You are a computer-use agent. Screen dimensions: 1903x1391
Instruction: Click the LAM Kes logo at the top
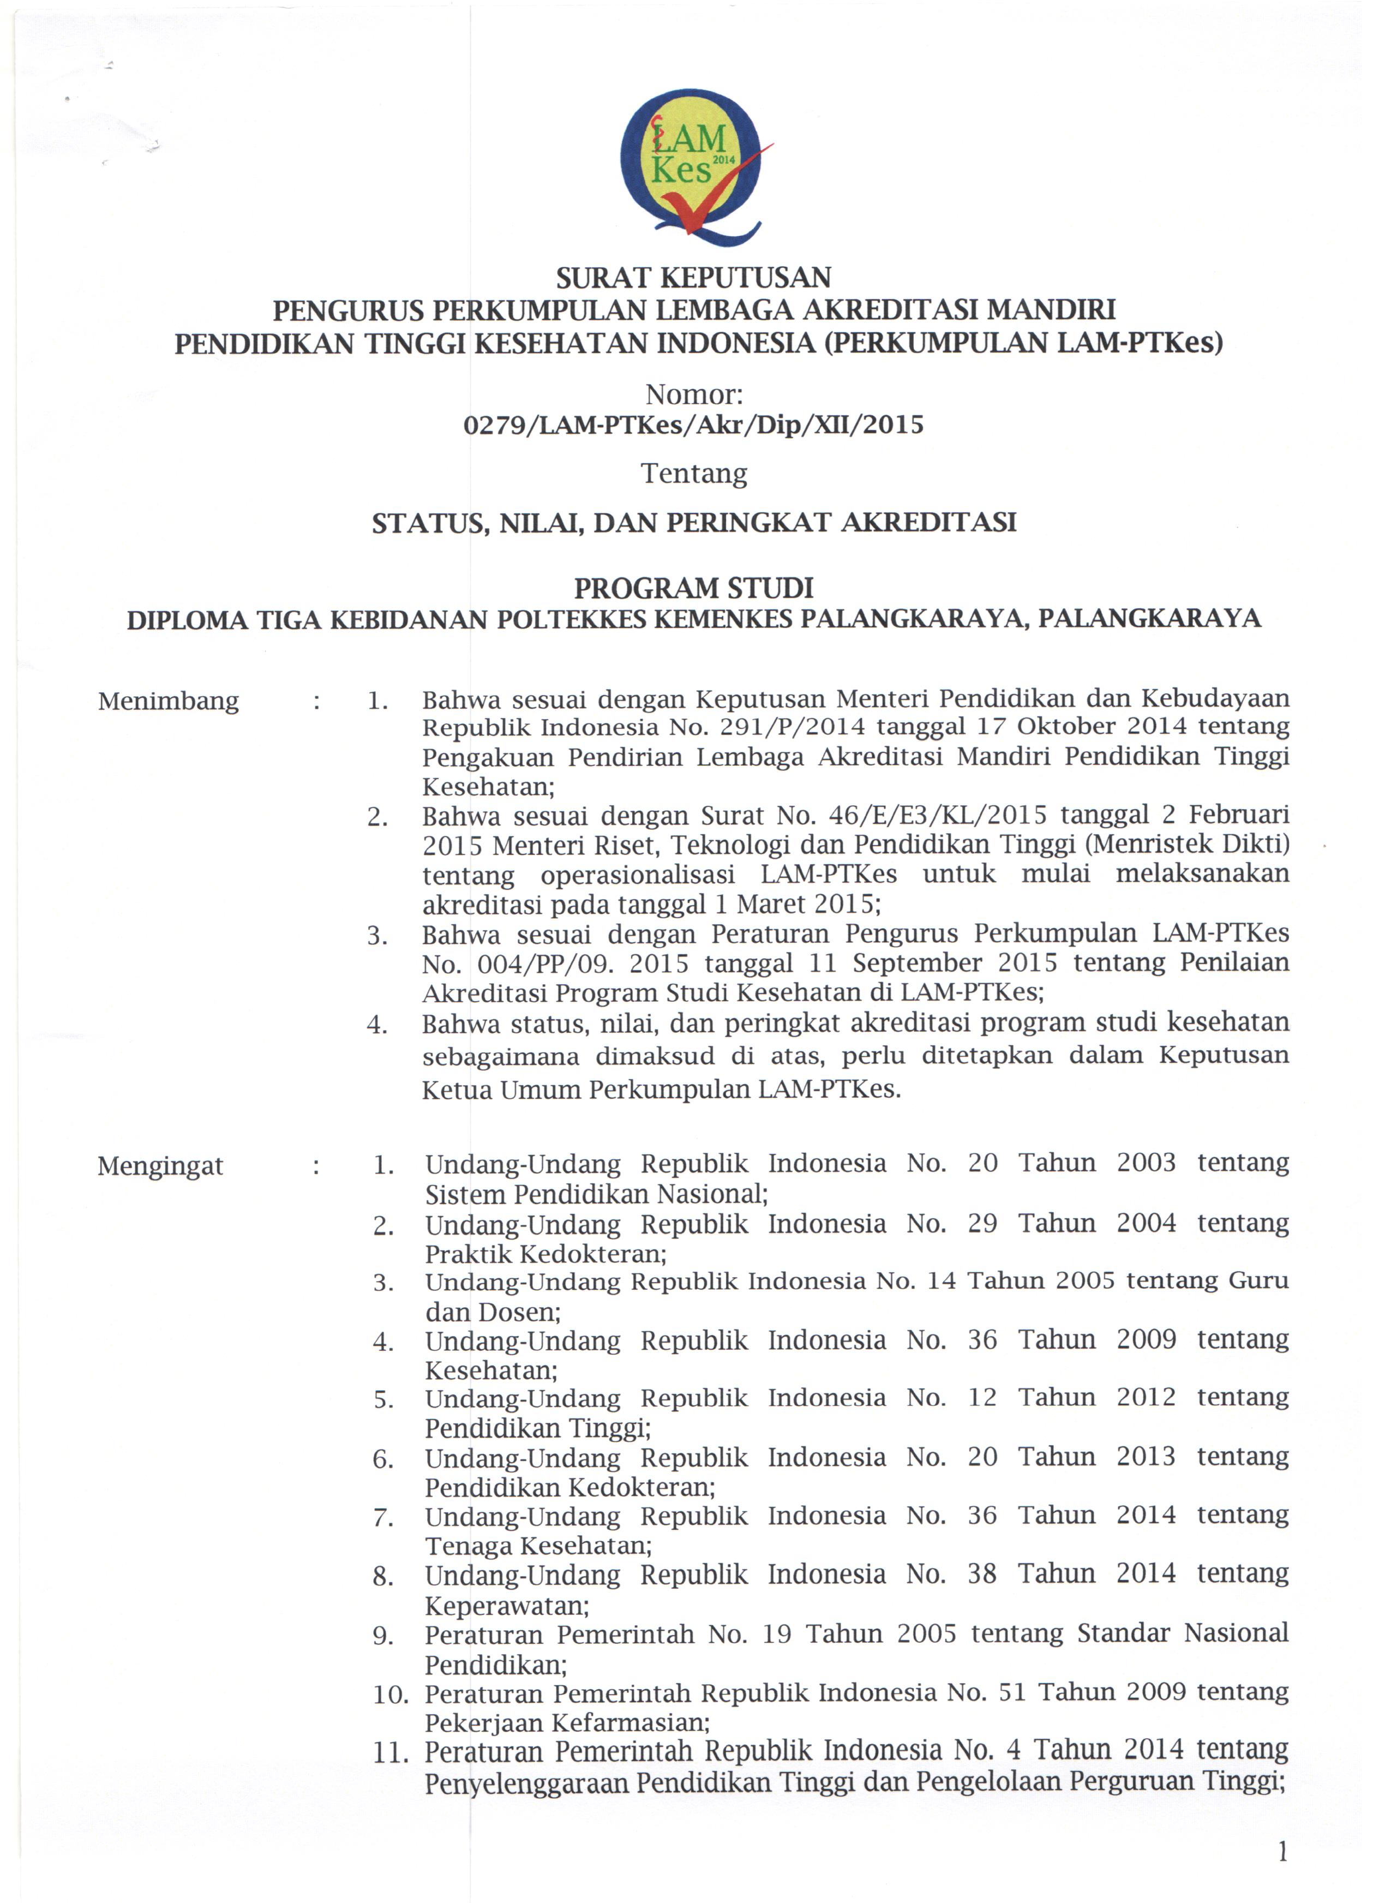[692, 166]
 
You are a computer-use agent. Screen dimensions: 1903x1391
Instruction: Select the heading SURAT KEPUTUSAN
[694, 277]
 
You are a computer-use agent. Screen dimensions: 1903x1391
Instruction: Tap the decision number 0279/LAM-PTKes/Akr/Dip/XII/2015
[694, 424]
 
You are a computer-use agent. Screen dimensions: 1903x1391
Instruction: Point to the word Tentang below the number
[694, 474]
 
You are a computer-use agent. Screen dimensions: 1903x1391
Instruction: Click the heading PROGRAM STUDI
[694, 587]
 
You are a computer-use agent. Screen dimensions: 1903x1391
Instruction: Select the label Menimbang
[169, 701]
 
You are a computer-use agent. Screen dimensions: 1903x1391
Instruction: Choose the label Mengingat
[160, 1166]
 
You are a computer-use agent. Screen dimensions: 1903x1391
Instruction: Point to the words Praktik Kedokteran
[545, 1254]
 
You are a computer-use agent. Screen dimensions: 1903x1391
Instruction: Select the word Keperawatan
[506, 1606]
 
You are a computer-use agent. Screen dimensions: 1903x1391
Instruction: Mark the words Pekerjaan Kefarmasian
[567, 1723]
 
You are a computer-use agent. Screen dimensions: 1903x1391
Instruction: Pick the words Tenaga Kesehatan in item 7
[538, 1546]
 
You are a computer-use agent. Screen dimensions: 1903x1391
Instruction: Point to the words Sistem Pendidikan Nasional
[595, 1194]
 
